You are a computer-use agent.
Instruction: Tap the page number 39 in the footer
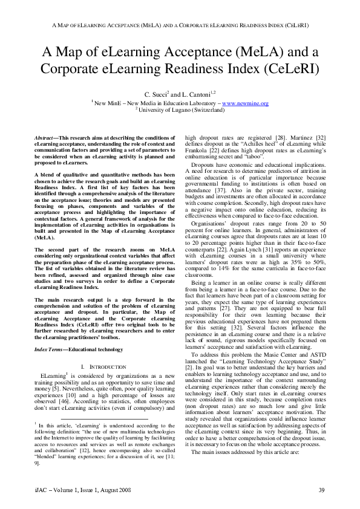coord(322,489)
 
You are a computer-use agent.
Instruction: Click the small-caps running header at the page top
coord(180,25)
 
